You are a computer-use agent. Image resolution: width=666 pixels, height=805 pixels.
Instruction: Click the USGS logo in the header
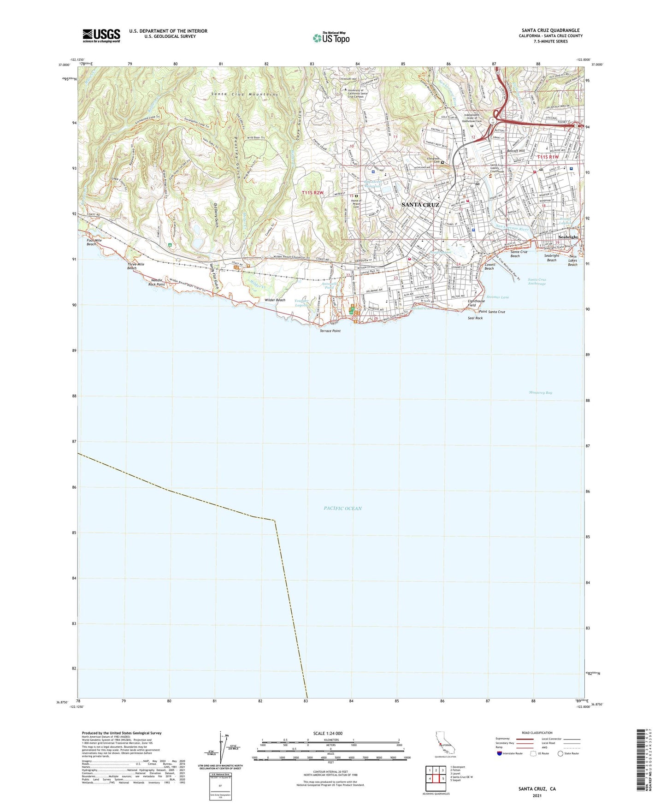[101, 36]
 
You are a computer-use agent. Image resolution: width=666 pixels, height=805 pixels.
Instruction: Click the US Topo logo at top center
[331, 38]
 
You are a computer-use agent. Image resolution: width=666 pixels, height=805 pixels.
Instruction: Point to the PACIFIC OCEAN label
[342, 508]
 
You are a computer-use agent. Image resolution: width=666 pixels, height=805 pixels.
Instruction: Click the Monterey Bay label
[540, 392]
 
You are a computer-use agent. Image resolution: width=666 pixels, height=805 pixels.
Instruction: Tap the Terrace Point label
[330, 331]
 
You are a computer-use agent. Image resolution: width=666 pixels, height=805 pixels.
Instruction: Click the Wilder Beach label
[275, 300]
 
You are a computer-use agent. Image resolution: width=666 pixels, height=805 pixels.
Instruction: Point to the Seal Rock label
[475, 318]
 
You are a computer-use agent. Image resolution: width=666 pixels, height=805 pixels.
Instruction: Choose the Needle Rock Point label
[157, 282]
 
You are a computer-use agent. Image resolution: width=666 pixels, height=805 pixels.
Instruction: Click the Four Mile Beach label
[91, 242]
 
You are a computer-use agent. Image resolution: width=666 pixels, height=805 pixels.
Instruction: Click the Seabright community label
[568, 237]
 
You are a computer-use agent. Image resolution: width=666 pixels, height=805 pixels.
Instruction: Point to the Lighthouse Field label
[476, 303]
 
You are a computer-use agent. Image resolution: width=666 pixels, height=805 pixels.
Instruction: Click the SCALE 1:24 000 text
[328, 733]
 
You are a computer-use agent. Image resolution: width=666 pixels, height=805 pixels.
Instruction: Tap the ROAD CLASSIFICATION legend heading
[537, 733]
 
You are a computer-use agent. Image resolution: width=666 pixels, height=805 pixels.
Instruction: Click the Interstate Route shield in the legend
[500, 753]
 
